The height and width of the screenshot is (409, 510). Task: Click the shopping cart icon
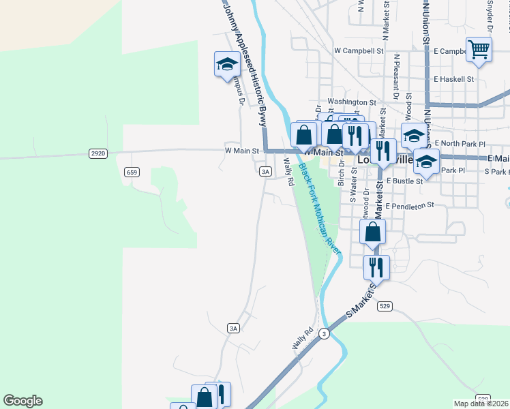(x=479, y=49)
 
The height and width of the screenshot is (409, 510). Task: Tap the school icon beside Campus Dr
(x=226, y=64)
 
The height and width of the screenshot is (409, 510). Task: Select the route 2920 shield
(x=97, y=154)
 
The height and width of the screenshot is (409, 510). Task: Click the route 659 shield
(x=132, y=172)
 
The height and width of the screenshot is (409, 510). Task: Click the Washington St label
(x=352, y=102)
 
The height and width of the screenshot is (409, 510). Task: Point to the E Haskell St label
(x=453, y=79)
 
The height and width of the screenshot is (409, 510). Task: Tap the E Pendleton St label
(x=410, y=206)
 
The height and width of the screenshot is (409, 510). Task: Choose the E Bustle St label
(x=405, y=181)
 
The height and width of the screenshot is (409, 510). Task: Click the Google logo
(x=22, y=401)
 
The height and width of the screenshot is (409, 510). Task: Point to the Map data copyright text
(x=481, y=404)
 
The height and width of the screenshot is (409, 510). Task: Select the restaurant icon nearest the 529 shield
(x=374, y=267)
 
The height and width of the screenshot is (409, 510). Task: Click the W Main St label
(x=242, y=151)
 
